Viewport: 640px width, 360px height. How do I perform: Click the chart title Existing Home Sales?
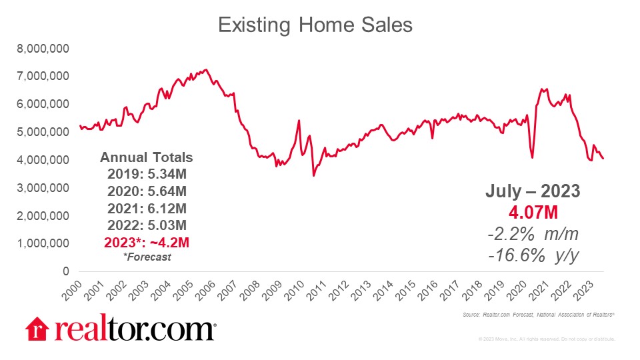[316, 25]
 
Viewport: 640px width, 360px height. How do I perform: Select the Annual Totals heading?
[147, 158]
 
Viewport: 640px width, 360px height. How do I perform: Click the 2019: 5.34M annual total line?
[147, 175]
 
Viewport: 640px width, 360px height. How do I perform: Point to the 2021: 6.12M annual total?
[147, 207]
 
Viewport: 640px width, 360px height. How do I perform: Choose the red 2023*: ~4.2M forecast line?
[147, 241]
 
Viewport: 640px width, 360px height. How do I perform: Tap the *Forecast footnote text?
[147, 257]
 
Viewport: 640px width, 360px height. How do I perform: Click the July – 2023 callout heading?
[532, 191]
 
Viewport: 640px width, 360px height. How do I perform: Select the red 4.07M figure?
[532, 213]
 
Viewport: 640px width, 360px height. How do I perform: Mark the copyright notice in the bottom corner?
[546, 340]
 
